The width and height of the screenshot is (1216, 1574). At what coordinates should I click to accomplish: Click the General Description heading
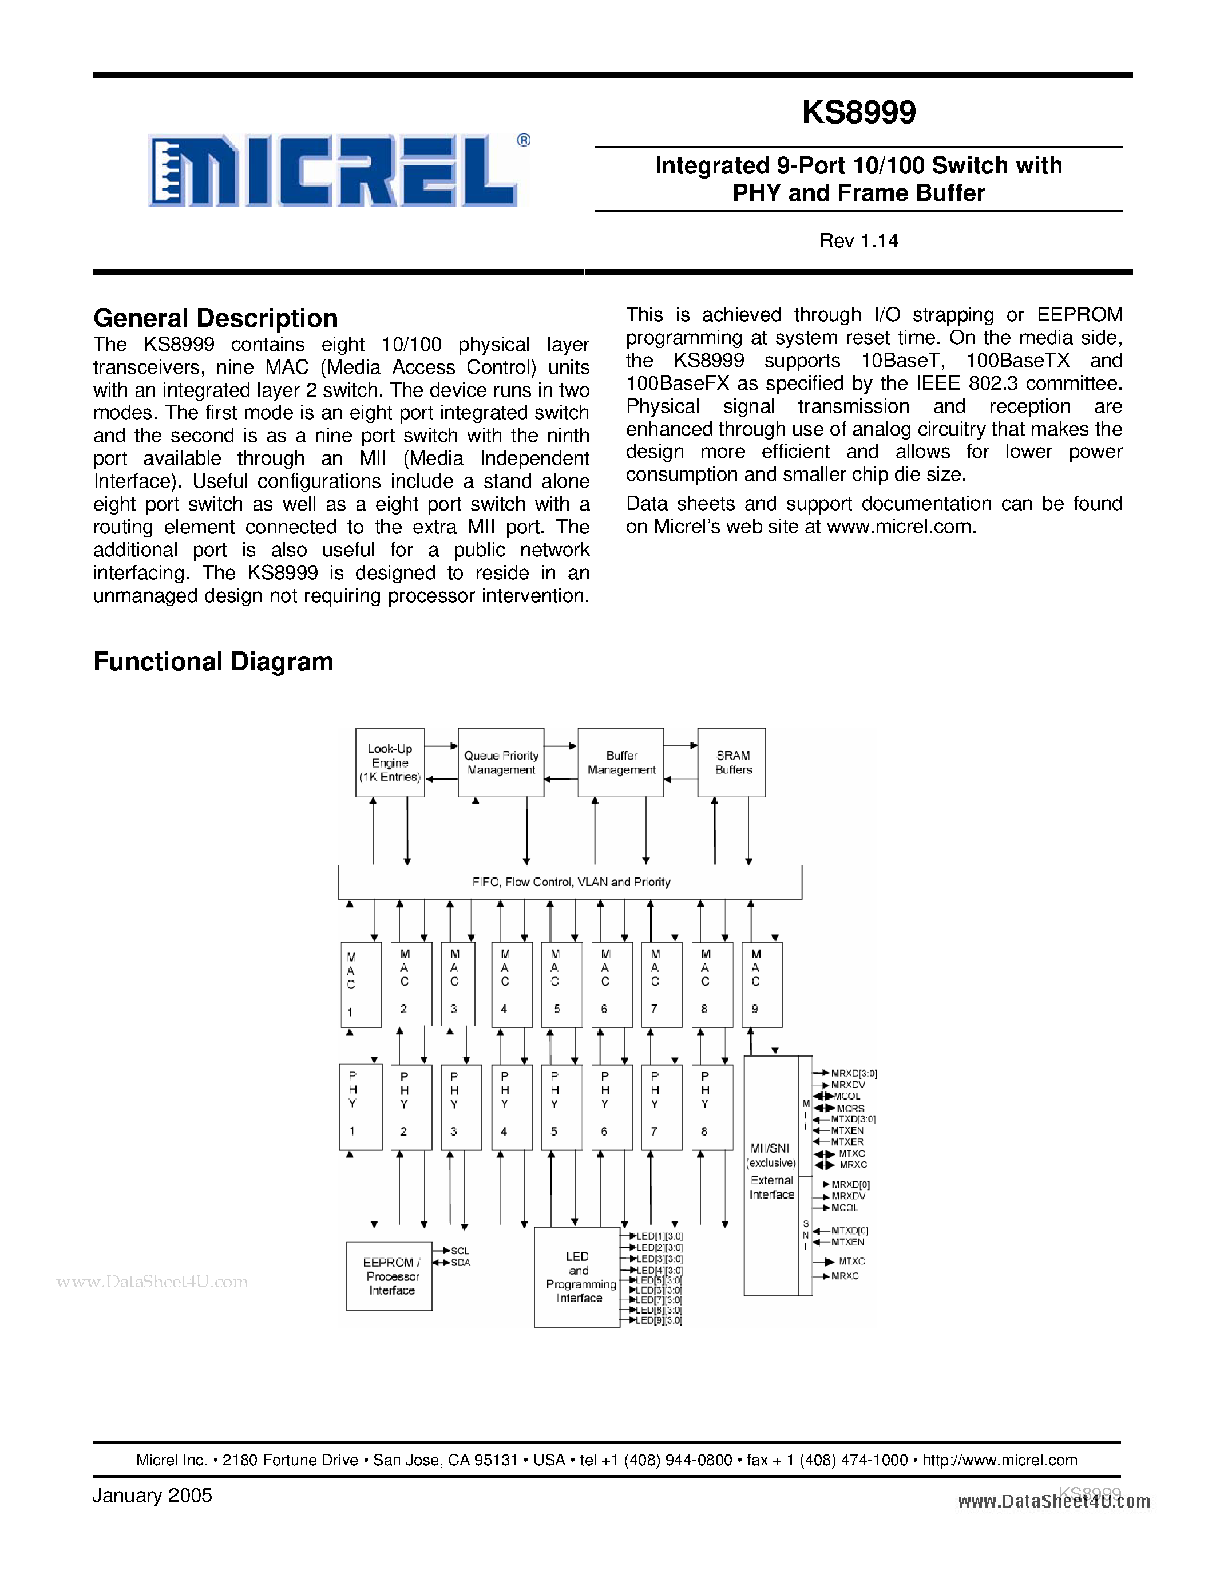pyautogui.click(x=215, y=318)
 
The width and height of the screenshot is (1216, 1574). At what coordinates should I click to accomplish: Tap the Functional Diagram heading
pyautogui.click(x=213, y=662)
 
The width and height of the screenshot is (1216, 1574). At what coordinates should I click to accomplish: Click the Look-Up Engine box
pyautogui.click(x=390, y=762)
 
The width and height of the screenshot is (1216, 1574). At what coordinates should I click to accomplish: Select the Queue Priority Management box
pyautogui.click(x=501, y=762)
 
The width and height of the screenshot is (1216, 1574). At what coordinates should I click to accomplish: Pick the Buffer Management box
pyautogui.click(x=621, y=762)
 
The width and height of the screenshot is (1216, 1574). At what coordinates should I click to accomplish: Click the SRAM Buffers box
pyautogui.click(x=732, y=762)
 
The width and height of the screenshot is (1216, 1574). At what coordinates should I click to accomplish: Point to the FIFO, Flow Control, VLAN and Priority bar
pyautogui.click(x=570, y=882)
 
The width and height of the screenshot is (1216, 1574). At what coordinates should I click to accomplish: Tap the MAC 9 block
pyautogui.click(x=762, y=984)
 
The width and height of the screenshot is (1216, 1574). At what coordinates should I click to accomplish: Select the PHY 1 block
pyautogui.click(x=360, y=1107)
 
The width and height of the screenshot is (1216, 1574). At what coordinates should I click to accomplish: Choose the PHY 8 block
pyautogui.click(x=712, y=1107)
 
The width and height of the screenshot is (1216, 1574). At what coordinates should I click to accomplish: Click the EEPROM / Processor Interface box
pyautogui.click(x=390, y=1276)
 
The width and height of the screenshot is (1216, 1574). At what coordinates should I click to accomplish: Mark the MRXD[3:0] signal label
pyautogui.click(x=853, y=1074)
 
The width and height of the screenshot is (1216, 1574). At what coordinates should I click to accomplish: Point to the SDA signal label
pyautogui.click(x=460, y=1263)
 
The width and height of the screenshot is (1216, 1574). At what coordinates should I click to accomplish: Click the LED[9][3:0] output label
pyautogui.click(x=659, y=1321)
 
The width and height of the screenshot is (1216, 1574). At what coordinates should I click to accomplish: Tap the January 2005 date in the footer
pyautogui.click(x=152, y=1496)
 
